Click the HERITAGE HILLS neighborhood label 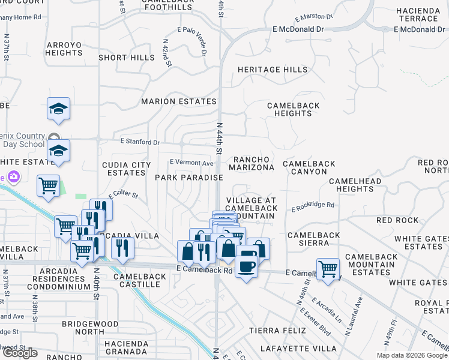[x=273, y=70]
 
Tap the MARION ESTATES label [x=178, y=101]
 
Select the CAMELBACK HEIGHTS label [x=294, y=109]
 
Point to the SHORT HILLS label [x=127, y=58]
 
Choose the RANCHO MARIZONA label [x=253, y=163]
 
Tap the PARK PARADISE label [x=189, y=178]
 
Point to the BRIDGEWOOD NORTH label [x=91, y=328]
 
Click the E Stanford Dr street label [x=140, y=142]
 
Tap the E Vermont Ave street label [x=191, y=163]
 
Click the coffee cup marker [x=247, y=265]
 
